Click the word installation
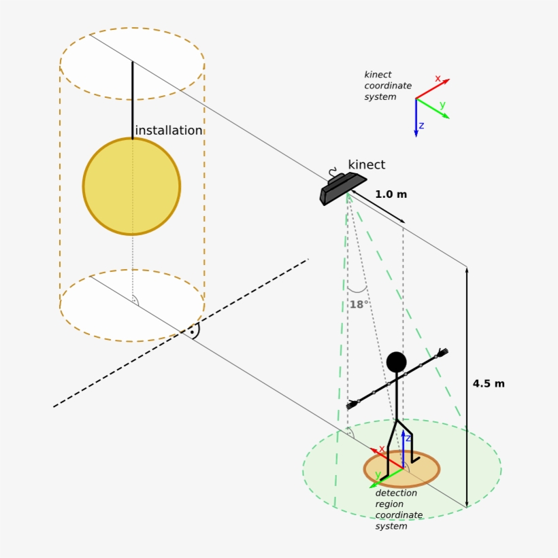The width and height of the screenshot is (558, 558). [x=169, y=130]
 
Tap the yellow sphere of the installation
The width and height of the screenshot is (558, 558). [x=131, y=186]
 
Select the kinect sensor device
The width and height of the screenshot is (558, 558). [x=342, y=189]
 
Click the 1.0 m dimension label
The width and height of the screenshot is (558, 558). [x=391, y=194]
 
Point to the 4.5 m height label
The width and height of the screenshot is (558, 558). [x=489, y=383]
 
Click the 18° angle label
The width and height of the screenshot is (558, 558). [x=358, y=304]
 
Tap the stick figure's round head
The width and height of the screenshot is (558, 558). [x=396, y=362]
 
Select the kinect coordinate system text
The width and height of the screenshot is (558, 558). [x=388, y=86]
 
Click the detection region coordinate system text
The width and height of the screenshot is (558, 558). [x=399, y=510]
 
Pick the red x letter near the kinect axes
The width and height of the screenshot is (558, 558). [x=438, y=79]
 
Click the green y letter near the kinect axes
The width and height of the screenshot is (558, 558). [x=442, y=105]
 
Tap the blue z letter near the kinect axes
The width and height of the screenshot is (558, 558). [x=422, y=126]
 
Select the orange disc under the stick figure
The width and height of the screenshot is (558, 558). [x=401, y=468]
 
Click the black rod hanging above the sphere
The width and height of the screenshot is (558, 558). [x=132, y=101]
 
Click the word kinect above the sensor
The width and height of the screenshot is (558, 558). [x=366, y=164]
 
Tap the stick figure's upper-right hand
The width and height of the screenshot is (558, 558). [x=442, y=353]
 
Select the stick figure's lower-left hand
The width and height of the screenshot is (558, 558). [x=352, y=404]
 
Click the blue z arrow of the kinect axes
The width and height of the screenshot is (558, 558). [x=416, y=119]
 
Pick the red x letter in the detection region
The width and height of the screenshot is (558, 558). [x=382, y=449]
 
